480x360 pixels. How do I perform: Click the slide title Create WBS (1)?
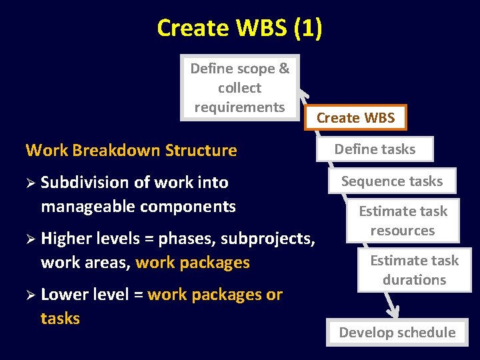[x=239, y=28]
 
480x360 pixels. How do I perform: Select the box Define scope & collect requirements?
[x=239, y=87]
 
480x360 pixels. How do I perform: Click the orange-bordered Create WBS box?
[x=356, y=118]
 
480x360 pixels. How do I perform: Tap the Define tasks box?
[x=375, y=149]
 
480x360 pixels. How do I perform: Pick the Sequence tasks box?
[x=392, y=181]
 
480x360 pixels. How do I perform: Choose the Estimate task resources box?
[x=403, y=221]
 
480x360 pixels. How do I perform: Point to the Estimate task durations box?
[x=414, y=270]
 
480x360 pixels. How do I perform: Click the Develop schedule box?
[x=397, y=332]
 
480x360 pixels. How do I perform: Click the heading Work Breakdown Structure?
[x=131, y=150]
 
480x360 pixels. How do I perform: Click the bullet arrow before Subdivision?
[x=31, y=183]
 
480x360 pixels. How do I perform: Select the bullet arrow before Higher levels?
[x=31, y=239]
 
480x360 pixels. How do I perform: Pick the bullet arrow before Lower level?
[x=31, y=295]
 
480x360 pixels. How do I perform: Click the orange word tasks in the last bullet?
[x=60, y=319]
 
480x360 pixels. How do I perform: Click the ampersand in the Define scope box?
[x=283, y=69]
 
